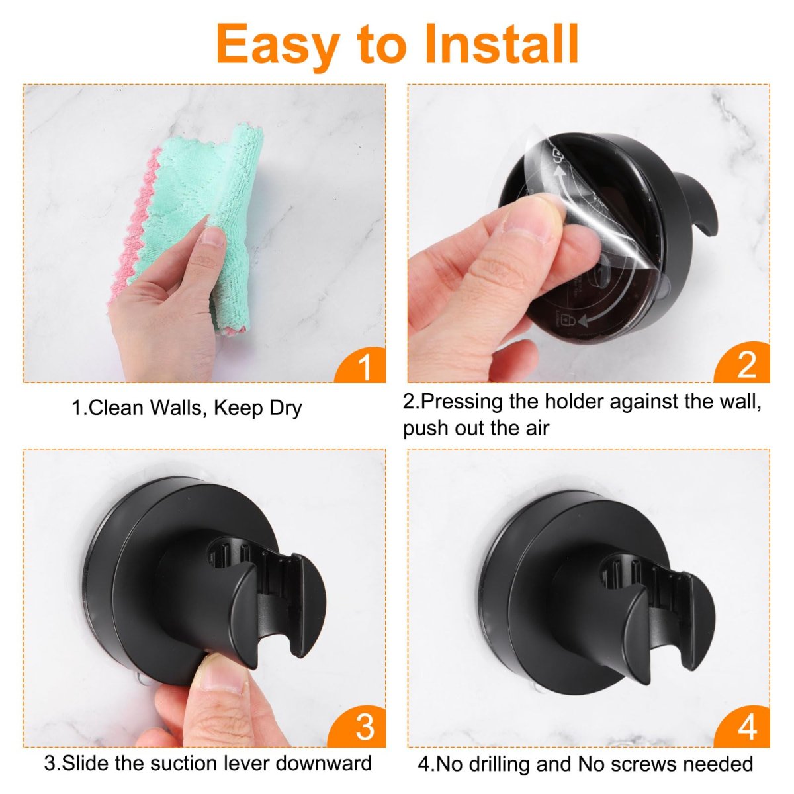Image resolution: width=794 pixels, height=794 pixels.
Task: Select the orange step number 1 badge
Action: click(x=361, y=365)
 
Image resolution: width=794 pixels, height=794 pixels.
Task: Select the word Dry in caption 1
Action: click(x=286, y=408)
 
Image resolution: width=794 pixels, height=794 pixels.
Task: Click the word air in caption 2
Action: click(x=537, y=429)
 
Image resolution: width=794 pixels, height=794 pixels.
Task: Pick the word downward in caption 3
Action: click(x=324, y=763)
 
